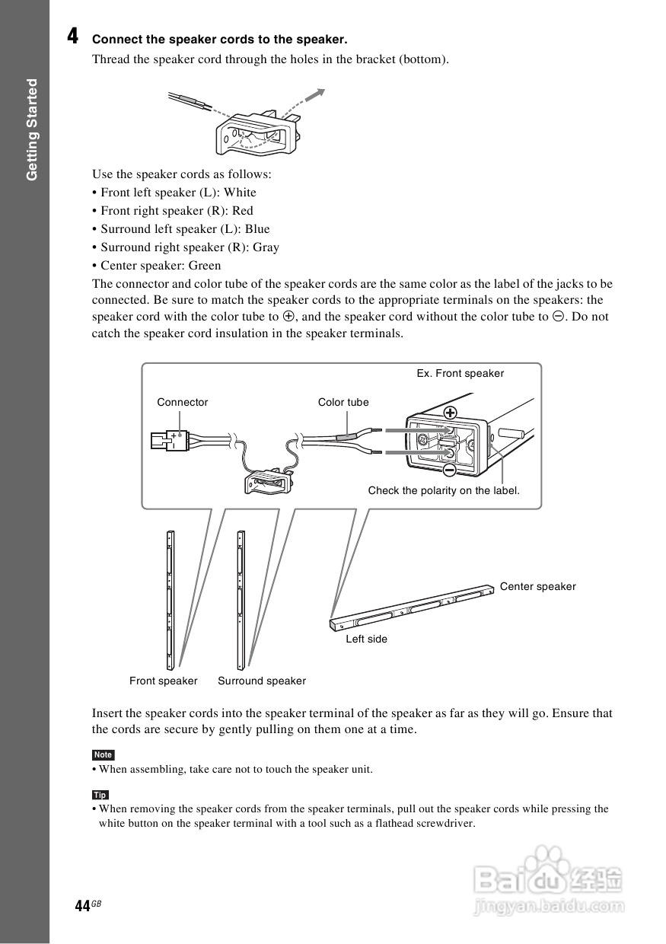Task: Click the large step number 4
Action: [72, 36]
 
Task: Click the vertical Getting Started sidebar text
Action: [32, 129]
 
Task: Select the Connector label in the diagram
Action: [182, 402]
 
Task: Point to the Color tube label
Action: [343, 402]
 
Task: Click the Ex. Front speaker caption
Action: [460, 373]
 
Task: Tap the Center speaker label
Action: [537, 586]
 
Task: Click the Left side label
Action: [366, 639]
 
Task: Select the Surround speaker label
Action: [262, 681]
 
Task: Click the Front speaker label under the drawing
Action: [163, 681]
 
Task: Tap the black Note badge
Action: [103, 754]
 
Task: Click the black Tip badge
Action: [100, 795]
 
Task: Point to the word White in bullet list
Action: [240, 193]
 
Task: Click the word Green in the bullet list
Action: [205, 266]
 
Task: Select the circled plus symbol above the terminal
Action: [451, 413]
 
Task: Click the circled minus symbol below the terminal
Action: [450, 470]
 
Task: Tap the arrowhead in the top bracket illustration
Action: [320, 93]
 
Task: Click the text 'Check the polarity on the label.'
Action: [444, 490]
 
